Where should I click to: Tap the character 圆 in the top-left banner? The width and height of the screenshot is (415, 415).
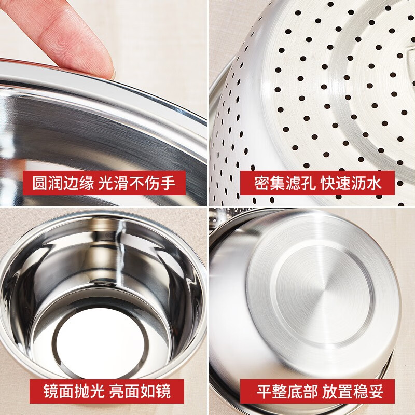[x=40, y=183]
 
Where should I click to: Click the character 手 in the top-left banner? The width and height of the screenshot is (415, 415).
[x=167, y=183]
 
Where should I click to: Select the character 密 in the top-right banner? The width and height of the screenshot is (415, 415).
[x=262, y=183]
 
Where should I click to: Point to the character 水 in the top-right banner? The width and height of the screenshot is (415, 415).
[x=374, y=183]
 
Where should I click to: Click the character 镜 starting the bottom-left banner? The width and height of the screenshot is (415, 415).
[x=51, y=391]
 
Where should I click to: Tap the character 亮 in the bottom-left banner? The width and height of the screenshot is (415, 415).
[x=117, y=391]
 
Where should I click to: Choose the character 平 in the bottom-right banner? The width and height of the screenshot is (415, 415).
[x=265, y=392]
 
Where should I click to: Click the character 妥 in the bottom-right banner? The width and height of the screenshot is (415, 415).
[x=376, y=392]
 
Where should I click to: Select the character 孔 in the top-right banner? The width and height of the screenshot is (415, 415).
[x=308, y=183]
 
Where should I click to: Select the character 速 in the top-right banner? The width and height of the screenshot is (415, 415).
[x=343, y=183]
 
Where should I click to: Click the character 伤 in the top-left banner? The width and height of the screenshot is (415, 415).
[x=152, y=183]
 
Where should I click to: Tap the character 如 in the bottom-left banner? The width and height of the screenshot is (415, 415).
[x=147, y=391]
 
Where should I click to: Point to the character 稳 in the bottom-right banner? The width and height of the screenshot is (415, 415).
[x=361, y=392]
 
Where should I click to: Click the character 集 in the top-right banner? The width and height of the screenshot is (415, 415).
[x=278, y=183]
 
